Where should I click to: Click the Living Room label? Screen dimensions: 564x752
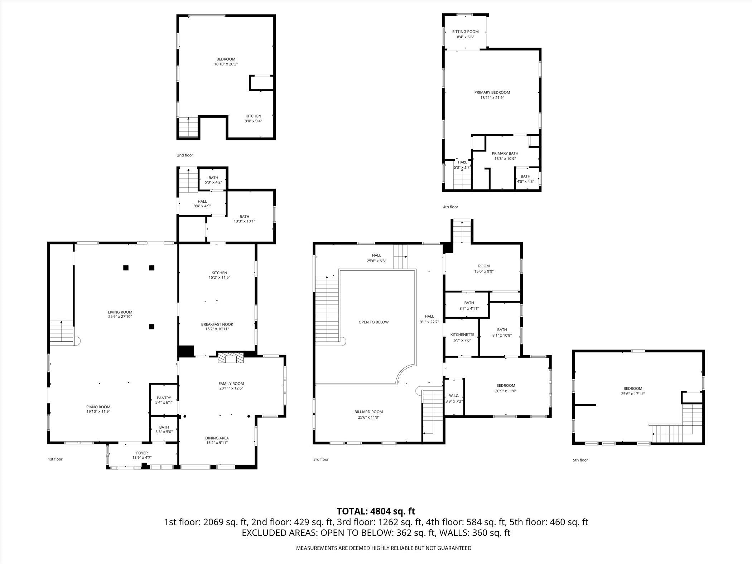tap(120, 312)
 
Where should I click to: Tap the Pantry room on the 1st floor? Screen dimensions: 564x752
tap(164, 400)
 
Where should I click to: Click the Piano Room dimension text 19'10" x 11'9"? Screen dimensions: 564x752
tap(98, 411)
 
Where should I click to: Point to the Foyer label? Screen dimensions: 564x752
tap(142, 453)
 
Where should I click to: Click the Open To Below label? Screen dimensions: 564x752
tap(373, 322)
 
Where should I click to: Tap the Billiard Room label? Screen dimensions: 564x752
tap(369, 412)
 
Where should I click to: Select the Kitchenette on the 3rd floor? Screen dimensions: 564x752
tap(462, 337)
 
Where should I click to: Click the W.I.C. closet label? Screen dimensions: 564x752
tap(454, 396)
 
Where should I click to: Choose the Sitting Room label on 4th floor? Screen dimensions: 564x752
tap(465, 32)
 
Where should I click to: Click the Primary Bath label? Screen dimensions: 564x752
tap(505, 153)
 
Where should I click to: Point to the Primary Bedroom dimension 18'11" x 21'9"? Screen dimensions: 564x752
tap(492, 97)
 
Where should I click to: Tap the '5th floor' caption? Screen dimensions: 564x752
tap(580, 460)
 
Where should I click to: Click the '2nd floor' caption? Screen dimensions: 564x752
tap(185, 155)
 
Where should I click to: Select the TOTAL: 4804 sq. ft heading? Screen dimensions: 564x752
tap(376, 511)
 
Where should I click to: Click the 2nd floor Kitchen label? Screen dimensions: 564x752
tap(253, 116)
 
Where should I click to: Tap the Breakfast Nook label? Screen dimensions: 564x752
tap(217, 324)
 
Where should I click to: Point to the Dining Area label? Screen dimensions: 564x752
tap(217, 438)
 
